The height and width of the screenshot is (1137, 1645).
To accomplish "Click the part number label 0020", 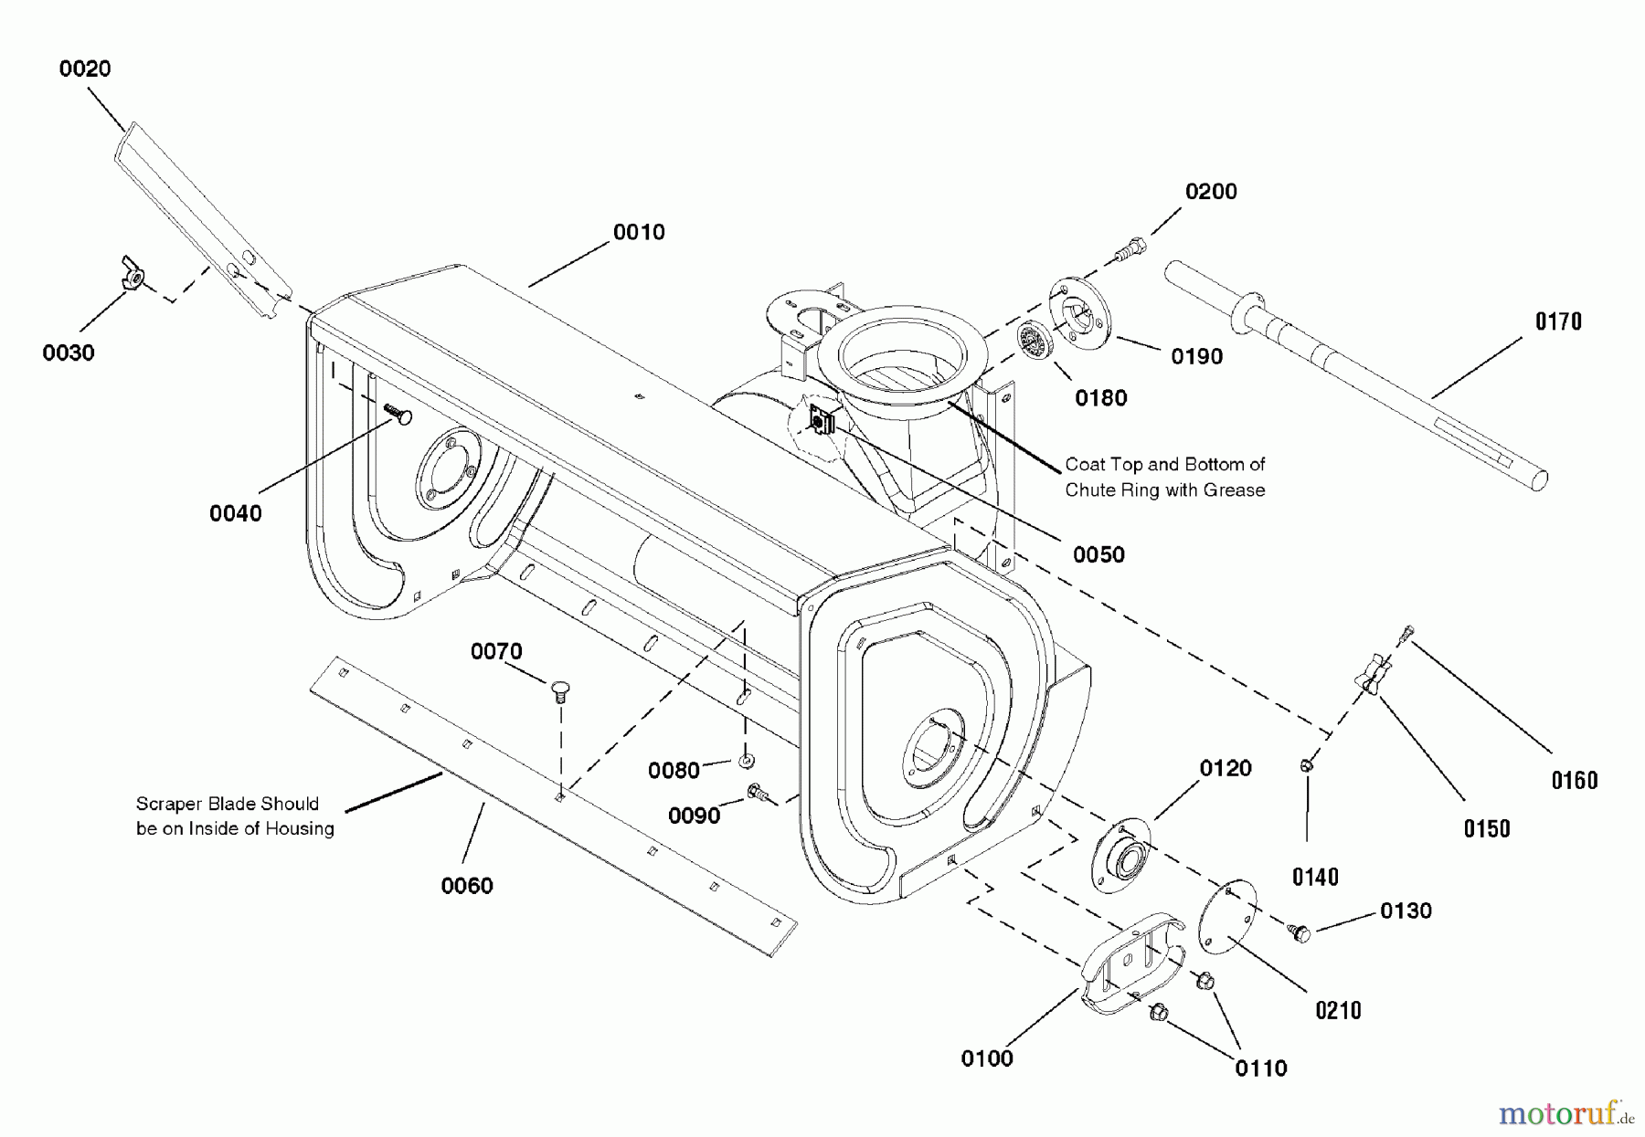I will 85,68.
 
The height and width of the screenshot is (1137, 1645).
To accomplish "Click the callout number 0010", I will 639,232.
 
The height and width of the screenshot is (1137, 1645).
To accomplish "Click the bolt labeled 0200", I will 1131,247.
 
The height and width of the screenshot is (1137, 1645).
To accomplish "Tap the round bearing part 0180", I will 1034,343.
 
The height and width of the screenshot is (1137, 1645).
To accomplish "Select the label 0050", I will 1098,554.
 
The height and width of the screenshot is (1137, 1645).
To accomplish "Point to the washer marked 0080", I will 747,760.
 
